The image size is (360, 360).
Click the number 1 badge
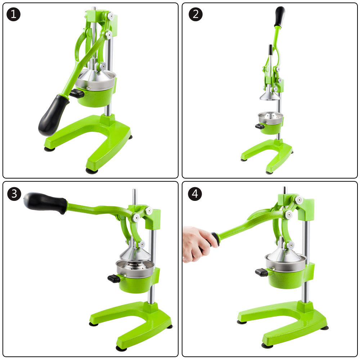click(14, 14)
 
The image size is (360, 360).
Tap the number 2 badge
click(195, 14)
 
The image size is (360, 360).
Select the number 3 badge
click(14, 194)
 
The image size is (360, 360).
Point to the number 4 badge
click(195, 194)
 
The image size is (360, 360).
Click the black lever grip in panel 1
click(53, 115)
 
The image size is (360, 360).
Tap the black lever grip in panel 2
click(280, 17)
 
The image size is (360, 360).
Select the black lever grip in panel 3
click(45, 203)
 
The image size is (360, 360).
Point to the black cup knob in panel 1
click(77, 94)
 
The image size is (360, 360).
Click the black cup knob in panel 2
click(260, 126)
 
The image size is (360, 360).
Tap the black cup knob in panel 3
click(114, 279)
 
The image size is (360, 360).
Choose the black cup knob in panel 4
click(262, 272)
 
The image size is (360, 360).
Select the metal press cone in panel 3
click(135, 254)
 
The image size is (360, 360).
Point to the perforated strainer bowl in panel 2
click(270, 118)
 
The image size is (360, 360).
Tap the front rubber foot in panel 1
click(91, 171)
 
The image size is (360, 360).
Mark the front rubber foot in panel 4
click(267, 346)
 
